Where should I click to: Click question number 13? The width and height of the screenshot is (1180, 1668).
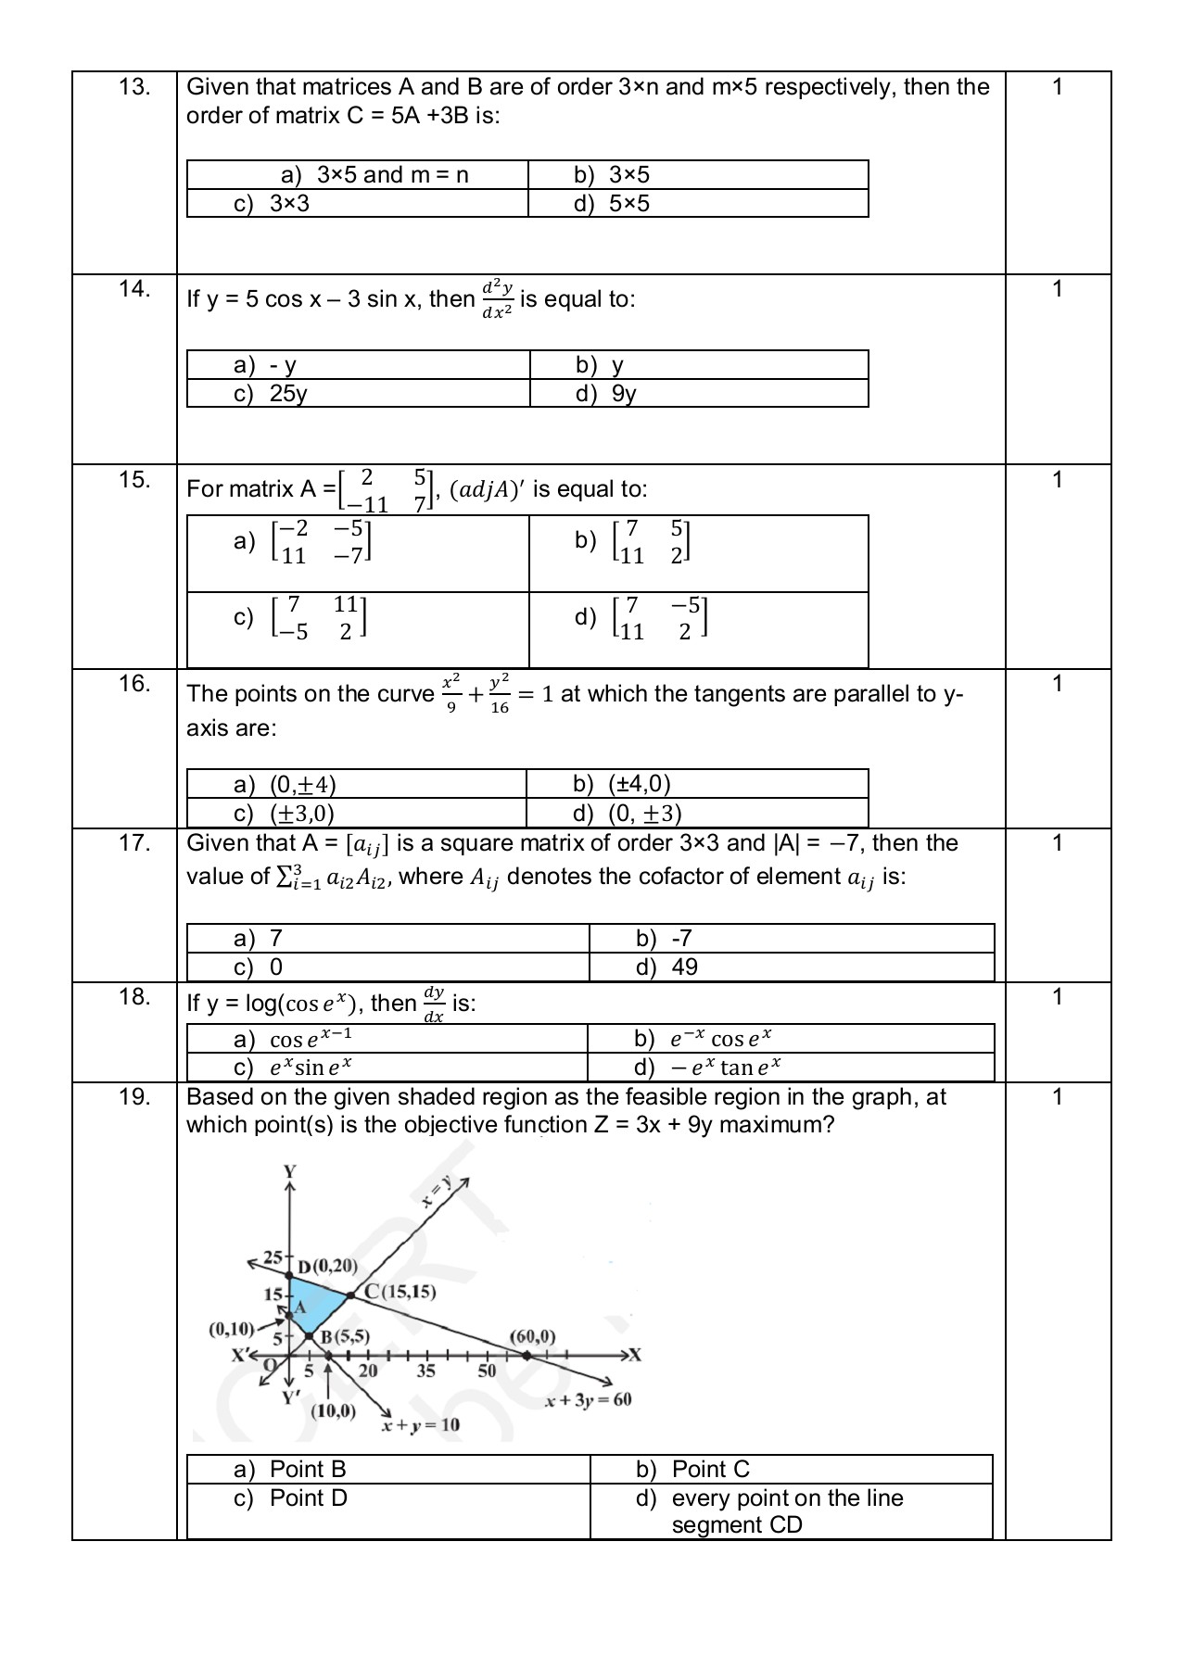pos(134,87)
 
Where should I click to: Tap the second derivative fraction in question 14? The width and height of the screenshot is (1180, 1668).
pos(497,297)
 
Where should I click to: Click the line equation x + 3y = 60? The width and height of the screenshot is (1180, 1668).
pos(589,1399)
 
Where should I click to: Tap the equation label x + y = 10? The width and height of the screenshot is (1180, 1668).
pos(421,1424)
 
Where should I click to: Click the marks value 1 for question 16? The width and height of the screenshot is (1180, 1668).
pos(1057,684)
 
